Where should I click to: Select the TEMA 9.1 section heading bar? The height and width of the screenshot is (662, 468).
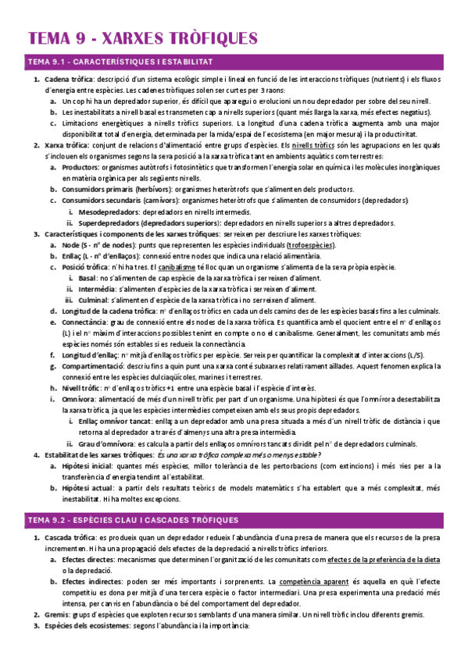coord(234,62)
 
